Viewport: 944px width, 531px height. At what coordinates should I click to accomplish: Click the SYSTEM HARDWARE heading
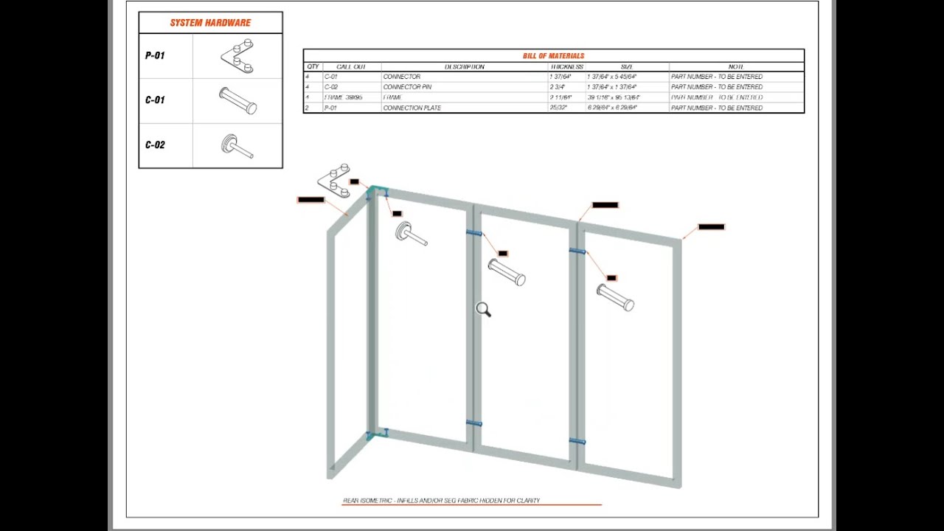[210, 23]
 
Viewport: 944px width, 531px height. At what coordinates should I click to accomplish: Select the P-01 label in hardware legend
[155, 55]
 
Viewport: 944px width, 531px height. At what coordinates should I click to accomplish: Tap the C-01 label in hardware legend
[155, 100]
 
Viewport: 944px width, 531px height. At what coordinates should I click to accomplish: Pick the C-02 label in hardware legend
[155, 145]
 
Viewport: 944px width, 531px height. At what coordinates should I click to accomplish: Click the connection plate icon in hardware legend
[237, 55]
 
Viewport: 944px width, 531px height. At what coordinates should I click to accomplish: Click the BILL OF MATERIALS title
[553, 56]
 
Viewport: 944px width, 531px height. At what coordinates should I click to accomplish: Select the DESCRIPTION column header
[464, 67]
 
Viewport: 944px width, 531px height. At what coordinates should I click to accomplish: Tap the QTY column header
[313, 67]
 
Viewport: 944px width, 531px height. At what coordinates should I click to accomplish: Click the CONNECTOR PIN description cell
[407, 87]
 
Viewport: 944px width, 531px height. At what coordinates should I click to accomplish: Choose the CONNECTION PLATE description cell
[412, 108]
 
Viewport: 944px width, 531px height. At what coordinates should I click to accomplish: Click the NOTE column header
[735, 67]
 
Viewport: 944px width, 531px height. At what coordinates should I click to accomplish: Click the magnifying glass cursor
[483, 310]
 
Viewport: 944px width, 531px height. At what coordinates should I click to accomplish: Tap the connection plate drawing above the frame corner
[334, 181]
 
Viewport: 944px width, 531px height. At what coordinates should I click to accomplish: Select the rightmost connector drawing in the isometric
[615, 298]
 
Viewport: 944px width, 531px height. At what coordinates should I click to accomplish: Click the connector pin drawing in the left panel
[411, 234]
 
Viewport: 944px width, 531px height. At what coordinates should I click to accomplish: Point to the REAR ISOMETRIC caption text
[441, 501]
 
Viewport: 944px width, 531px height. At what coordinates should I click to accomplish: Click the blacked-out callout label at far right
[711, 227]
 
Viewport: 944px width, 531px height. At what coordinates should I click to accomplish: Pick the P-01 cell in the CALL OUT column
[331, 108]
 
